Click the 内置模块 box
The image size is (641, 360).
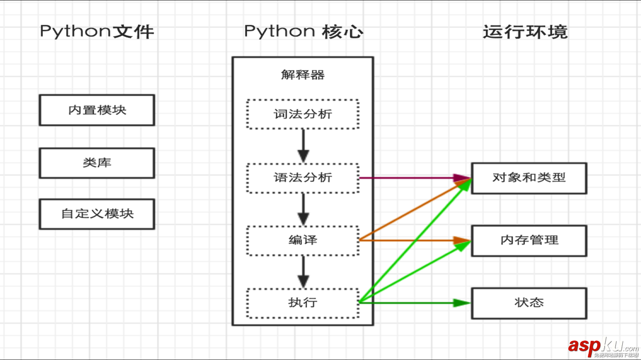point(97,110)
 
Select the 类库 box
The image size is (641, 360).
point(97,163)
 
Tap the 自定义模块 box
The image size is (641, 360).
point(97,214)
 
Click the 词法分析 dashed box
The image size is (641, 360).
point(303,114)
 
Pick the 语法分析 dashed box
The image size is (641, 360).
point(303,178)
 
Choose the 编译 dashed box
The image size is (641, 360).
point(303,240)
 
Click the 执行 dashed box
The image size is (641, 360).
point(303,303)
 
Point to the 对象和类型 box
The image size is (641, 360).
point(529,178)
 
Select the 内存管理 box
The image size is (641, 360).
point(529,240)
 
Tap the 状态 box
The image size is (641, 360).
point(529,303)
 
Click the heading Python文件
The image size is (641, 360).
point(97,32)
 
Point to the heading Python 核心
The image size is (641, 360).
point(303,32)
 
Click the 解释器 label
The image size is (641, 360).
point(303,75)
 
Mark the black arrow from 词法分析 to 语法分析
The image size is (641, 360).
point(303,145)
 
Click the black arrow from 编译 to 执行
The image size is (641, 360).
point(303,272)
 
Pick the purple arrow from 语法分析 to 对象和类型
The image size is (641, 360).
point(410,178)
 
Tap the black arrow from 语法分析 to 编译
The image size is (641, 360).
point(303,209)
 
